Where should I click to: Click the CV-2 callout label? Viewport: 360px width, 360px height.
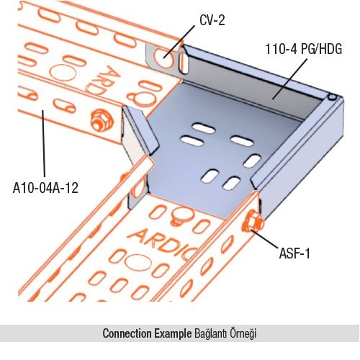pos(212,20)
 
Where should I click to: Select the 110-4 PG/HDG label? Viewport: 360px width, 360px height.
pos(304,49)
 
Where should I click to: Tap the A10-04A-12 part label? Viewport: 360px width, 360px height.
pos(45,188)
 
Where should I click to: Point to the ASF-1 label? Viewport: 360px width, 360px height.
pos(294,253)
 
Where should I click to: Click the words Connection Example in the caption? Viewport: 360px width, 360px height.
pos(147,333)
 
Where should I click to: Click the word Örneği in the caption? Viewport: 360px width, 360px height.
pos(243,333)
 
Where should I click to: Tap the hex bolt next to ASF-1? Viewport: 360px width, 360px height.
pos(253,222)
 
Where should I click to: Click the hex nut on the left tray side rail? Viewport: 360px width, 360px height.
pos(102,120)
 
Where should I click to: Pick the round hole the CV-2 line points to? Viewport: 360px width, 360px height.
pos(164,58)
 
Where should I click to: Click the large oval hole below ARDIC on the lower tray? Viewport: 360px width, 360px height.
pos(138,263)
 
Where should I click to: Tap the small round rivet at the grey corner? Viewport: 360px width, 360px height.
pos(332,97)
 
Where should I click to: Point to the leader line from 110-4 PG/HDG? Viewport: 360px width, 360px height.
pos(289,78)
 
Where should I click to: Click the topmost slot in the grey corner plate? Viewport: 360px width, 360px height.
pos(204,128)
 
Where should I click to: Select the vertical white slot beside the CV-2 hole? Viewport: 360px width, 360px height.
pos(184,63)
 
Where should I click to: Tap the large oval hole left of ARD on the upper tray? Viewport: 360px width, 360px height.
pos(63,72)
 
